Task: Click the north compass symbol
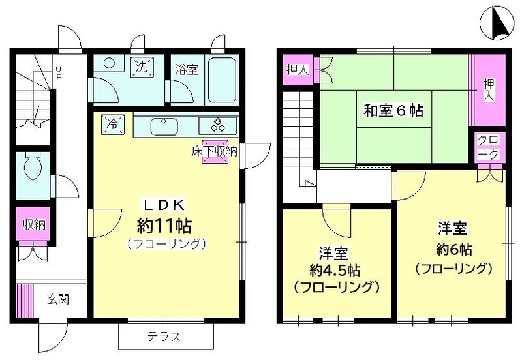pos(497,23)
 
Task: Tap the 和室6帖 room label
pos(393,111)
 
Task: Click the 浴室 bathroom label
pos(187,69)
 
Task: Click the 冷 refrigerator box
pos(113,123)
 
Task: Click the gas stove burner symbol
pos(217,125)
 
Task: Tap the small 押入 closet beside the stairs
pos(298,68)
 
